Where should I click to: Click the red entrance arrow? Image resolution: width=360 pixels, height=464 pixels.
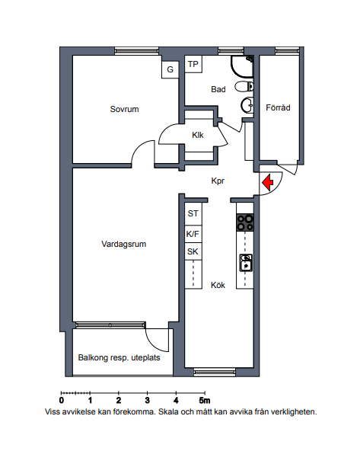pyautogui.click(x=268, y=183)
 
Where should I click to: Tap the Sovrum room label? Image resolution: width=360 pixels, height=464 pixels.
pyautogui.click(x=124, y=109)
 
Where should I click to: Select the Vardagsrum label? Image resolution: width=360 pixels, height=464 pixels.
pyautogui.click(x=124, y=244)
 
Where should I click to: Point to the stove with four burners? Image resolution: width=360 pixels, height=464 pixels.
pyautogui.click(x=245, y=222)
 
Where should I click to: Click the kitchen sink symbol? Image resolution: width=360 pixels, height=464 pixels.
pyautogui.click(x=246, y=263)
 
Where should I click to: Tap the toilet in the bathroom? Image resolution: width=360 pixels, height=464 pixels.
pyautogui.click(x=244, y=87)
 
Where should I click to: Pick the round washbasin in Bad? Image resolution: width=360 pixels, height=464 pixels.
pyautogui.click(x=247, y=105)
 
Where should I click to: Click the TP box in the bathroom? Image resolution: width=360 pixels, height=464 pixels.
pyautogui.click(x=193, y=64)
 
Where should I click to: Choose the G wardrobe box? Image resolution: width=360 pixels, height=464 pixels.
pyautogui.click(x=170, y=70)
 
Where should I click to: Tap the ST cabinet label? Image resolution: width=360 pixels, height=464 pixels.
pyautogui.click(x=193, y=213)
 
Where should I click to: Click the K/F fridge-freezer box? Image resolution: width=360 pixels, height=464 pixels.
pyautogui.click(x=193, y=235)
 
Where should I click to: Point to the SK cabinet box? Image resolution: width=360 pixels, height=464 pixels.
pyautogui.click(x=193, y=252)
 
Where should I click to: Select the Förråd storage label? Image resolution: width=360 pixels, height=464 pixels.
pyautogui.click(x=278, y=107)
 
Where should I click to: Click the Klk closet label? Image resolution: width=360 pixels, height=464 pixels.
pyautogui.click(x=198, y=135)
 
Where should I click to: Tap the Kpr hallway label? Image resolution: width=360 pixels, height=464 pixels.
pyautogui.click(x=218, y=181)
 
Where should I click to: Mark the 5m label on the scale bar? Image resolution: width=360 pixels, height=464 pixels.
pyautogui.click(x=205, y=401)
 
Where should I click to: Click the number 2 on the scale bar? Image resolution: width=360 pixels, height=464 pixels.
pyautogui.click(x=119, y=401)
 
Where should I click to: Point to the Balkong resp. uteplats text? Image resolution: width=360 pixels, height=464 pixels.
pyautogui.click(x=119, y=358)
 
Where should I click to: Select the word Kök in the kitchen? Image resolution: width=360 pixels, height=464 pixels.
pyautogui.click(x=218, y=285)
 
